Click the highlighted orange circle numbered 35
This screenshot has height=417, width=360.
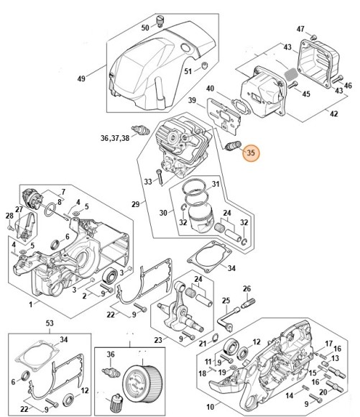click(x=251, y=152)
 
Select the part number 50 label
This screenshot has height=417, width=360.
click(x=144, y=27)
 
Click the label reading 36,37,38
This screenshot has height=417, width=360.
click(x=116, y=137)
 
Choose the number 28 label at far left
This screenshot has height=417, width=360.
click(x=9, y=216)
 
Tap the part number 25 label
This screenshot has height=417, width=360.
click(x=225, y=300)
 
